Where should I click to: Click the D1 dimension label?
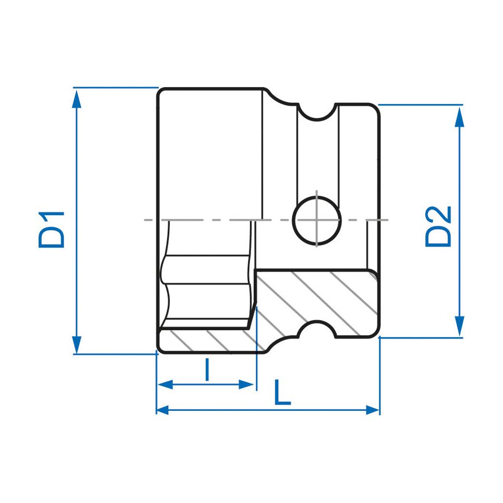point(52,229)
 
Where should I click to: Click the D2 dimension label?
point(438,226)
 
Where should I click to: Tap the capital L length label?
point(282,392)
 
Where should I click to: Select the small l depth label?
point(207,370)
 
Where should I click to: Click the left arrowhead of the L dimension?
point(163,410)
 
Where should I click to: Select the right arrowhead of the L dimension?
point(373,410)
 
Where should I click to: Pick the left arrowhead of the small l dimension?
point(164,385)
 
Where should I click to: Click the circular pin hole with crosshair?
point(316,220)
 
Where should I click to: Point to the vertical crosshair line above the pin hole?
point(316,194)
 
